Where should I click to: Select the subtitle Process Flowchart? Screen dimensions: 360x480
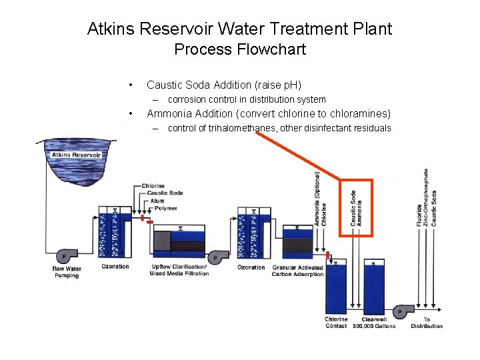click(x=239, y=49)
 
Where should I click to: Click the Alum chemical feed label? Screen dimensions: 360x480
click(x=157, y=201)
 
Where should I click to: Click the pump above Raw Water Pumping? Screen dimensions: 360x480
click(x=65, y=256)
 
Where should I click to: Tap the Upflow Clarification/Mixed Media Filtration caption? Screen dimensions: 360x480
click(x=179, y=270)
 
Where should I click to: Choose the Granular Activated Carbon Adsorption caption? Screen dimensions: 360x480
click(x=297, y=271)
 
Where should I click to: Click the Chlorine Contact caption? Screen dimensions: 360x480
click(x=336, y=323)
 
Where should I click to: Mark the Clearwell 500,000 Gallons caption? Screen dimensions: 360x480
click(x=375, y=323)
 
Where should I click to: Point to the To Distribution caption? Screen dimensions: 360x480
click(x=427, y=323)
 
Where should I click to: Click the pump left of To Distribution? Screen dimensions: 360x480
click(x=401, y=311)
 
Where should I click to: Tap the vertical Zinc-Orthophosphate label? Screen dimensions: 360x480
click(x=427, y=197)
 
